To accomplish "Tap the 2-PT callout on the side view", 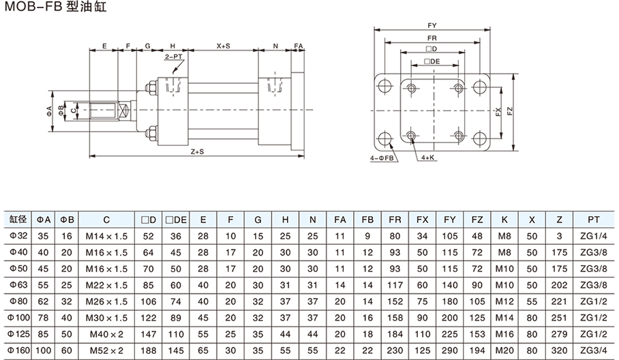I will (x=173, y=60).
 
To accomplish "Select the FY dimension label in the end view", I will (x=432, y=26).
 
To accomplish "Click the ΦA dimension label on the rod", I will (x=50, y=110).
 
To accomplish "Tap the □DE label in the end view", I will (x=432, y=61).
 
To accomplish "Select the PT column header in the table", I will (x=593, y=220).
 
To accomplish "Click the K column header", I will (x=504, y=220).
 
